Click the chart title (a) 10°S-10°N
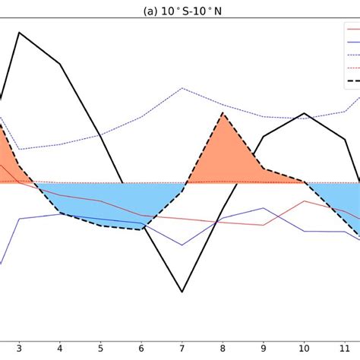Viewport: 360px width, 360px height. coord(179,11)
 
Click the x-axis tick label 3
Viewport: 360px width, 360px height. coord(19,349)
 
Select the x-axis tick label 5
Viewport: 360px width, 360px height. coord(100,349)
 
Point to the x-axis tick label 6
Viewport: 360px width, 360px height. coord(141,349)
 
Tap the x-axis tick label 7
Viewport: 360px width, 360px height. coord(182,349)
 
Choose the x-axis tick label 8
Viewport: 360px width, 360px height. coord(223,349)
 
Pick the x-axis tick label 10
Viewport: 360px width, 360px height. coord(304,349)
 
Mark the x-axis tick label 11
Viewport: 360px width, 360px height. coord(345,349)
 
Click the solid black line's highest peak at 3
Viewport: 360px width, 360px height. coord(19,33)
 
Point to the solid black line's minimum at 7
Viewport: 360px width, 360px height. coord(182,292)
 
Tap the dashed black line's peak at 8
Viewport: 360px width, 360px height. coord(223,114)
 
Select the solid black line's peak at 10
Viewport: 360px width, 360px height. coord(304,114)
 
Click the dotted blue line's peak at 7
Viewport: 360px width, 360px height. coord(182,88)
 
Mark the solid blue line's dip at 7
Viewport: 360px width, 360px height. coord(182,245)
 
